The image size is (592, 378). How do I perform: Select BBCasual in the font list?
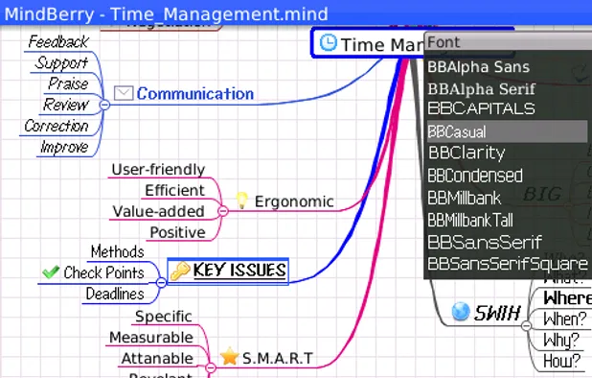click(457, 131)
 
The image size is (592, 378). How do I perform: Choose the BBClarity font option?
click(467, 153)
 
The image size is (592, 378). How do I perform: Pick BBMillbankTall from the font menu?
click(470, 220)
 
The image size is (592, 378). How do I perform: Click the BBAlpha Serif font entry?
click(481, 88)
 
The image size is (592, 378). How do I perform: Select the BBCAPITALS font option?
click(481, 108)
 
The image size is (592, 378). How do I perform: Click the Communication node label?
click(194, 94)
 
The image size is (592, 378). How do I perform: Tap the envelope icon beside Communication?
click(124, 93)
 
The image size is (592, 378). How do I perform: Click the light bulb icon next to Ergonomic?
click(242, 201)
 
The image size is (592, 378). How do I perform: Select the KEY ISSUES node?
click(239, 272)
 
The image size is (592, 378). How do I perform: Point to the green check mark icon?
click(50, 272)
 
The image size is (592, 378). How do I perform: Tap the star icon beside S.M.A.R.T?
click(229, 358)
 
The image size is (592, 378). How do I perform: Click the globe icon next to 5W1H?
click(461, 312)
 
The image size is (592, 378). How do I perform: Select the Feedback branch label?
click(57, 42)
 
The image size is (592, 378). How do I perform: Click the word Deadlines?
click(115, 295)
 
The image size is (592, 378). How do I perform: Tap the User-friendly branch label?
click(158, 169)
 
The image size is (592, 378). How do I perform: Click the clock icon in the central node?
click(328, 43)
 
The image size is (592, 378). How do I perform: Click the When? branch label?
click(563, 319)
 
